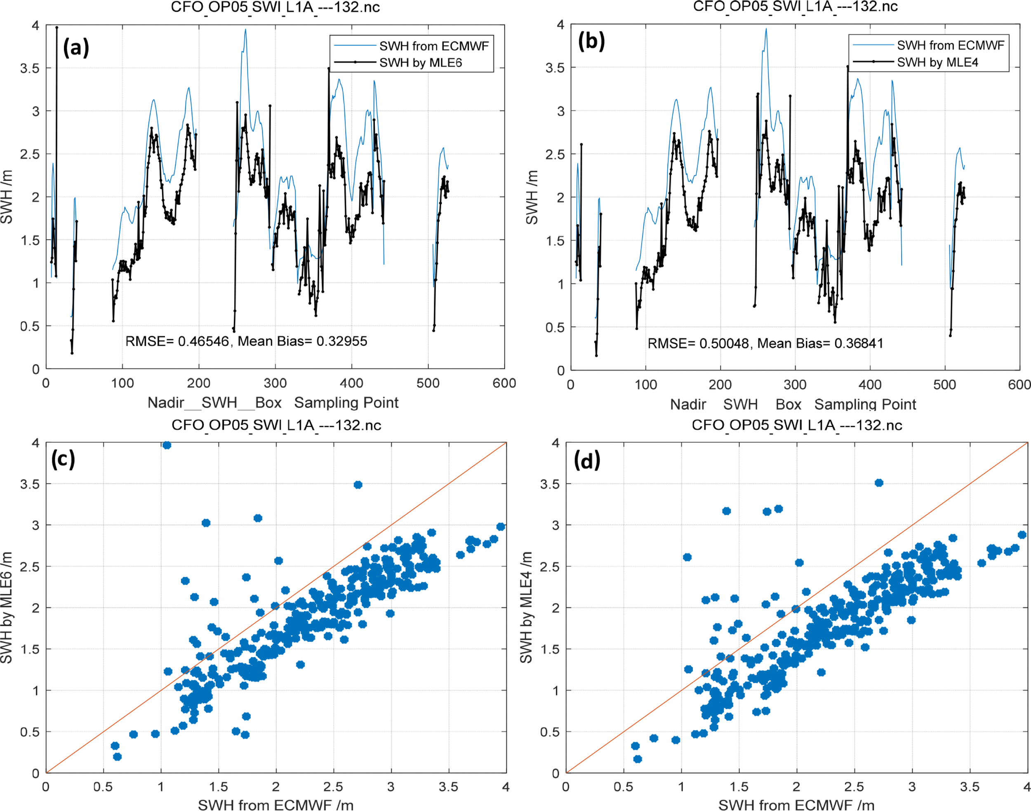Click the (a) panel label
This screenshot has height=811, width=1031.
(76, 47)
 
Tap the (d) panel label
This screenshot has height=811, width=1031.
(587, 460)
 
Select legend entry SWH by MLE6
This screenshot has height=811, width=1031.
(420, 63)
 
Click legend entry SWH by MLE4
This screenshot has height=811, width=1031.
(937, 62)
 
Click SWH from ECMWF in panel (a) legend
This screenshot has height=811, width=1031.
(434, 46)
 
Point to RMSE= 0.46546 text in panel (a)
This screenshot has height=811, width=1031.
(177, 341)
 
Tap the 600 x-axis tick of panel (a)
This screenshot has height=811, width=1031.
(504, 383)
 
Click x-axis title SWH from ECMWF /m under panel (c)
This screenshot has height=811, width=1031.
(275, 804)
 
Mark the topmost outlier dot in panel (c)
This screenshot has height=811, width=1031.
(167, 445)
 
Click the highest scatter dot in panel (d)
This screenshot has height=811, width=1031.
(879, 483)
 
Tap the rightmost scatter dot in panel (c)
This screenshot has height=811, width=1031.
(501, 527)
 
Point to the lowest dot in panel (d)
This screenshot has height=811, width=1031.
(638, 759)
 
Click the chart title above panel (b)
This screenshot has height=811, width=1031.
(796, 7)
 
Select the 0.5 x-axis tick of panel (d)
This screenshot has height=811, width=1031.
(623, 787)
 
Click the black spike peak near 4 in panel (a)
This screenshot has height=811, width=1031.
(56, 28)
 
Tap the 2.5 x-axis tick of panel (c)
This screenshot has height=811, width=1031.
(333, 787)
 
